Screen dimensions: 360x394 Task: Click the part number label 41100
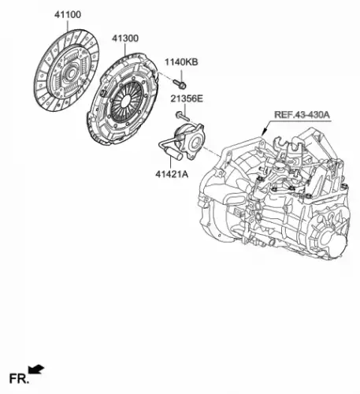pos(68,15)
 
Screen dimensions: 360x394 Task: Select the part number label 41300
pos(125,39)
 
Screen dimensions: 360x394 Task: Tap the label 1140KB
pos(181,62)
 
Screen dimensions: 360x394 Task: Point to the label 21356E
pos(187,98)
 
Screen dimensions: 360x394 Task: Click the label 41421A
pos(172,174)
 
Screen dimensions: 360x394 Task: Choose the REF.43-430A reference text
pos(302,115)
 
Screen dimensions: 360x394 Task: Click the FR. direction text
pos(19,379)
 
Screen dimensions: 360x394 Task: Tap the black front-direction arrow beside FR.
pos(36,369)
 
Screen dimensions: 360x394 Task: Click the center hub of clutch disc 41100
pos(70,73)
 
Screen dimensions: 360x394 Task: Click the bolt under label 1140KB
pos(180,84)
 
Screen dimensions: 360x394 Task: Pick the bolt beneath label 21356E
pos(183,117)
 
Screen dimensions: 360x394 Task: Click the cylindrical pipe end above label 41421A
pos(175,154)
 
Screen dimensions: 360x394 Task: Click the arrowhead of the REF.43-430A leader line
pos(264,132)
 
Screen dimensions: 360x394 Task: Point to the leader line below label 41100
pos(68,25)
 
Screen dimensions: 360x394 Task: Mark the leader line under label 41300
pos(125,50)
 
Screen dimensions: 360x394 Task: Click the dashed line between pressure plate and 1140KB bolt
pos(165,76)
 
